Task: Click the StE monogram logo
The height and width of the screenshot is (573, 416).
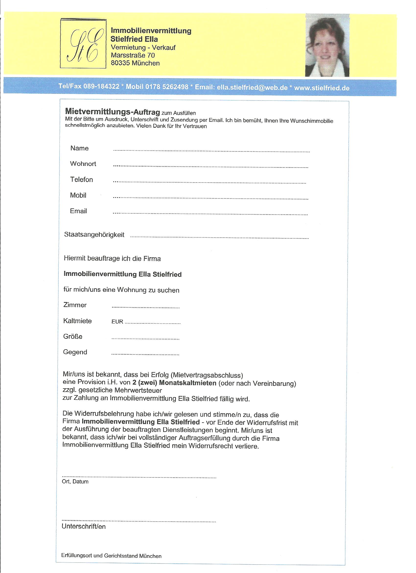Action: [83, 43]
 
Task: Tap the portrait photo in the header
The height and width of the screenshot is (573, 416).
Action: [327, 46]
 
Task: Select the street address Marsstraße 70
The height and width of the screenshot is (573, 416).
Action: [133, 55]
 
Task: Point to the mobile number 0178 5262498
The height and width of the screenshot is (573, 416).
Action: [167, 87]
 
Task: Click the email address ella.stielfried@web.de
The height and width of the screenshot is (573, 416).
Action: [252, 87]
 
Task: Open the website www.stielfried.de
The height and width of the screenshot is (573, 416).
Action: [322, 88]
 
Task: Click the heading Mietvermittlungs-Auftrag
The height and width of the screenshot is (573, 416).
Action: [112, 111]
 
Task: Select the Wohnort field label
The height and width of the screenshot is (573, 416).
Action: [83, 164]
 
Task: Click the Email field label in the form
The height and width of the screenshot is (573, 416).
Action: [78, 211]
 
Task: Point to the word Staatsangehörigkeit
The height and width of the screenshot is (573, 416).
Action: [94, 235]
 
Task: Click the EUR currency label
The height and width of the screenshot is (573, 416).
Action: [117, 322]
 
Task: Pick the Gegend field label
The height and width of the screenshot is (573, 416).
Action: [75, 352]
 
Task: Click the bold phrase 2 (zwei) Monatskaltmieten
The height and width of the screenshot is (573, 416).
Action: [174, 383]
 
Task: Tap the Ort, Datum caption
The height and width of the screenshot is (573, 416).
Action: [75, 482]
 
